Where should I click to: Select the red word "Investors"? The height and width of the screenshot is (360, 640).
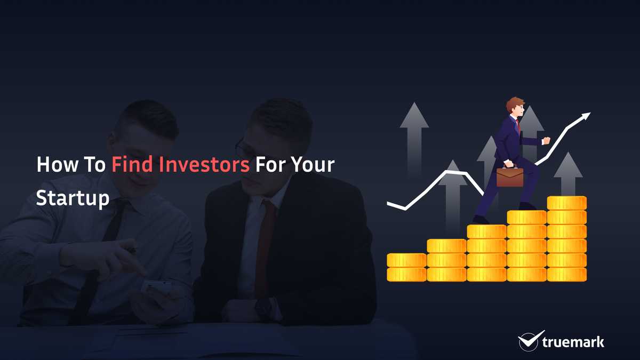coord(204,164)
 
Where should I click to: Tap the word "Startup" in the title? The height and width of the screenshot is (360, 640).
coord(73,198)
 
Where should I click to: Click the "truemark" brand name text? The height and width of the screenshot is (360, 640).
coord(573,342)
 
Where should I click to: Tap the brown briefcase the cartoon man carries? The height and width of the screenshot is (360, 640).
coord(510,177)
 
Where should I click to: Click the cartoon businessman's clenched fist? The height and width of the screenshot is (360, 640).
coord(546,141)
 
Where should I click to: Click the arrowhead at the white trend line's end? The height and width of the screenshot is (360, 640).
coord(586,116)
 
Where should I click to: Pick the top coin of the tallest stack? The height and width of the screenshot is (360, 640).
coord(567,203)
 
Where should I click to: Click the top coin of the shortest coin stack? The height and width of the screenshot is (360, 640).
coord(406,260)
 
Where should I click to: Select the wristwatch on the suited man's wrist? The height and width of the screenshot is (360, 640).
coord(263,309)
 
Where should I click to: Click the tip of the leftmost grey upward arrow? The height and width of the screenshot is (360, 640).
coord(414,102)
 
